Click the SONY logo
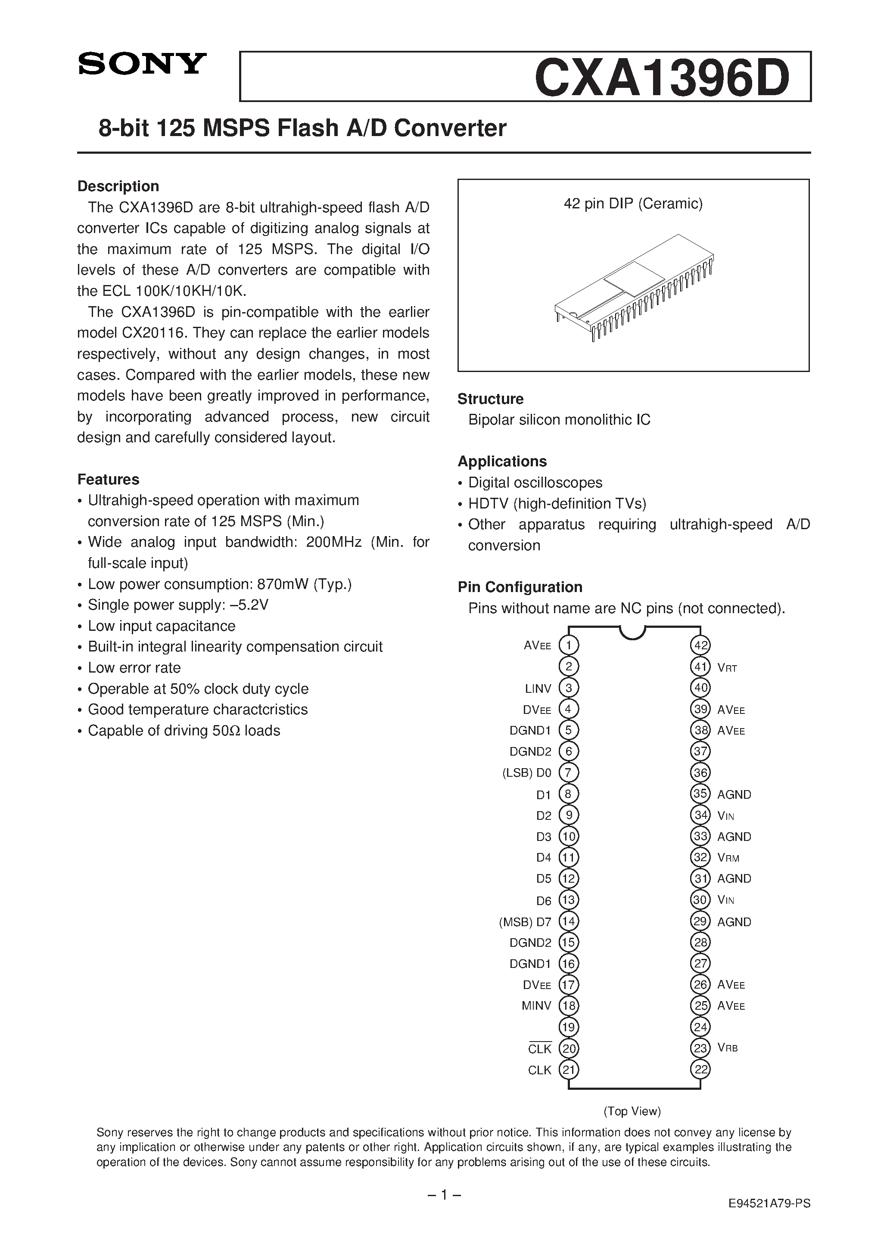142,64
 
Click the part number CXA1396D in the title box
661,78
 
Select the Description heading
118,186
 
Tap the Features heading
108,479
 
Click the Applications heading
502,461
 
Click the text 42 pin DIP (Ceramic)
633,204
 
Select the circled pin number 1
569,645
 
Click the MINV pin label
536,1006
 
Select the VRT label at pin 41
727,668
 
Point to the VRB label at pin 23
728,1048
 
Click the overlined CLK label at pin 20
539,1049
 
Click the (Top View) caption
632,1111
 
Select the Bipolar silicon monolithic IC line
559,420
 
